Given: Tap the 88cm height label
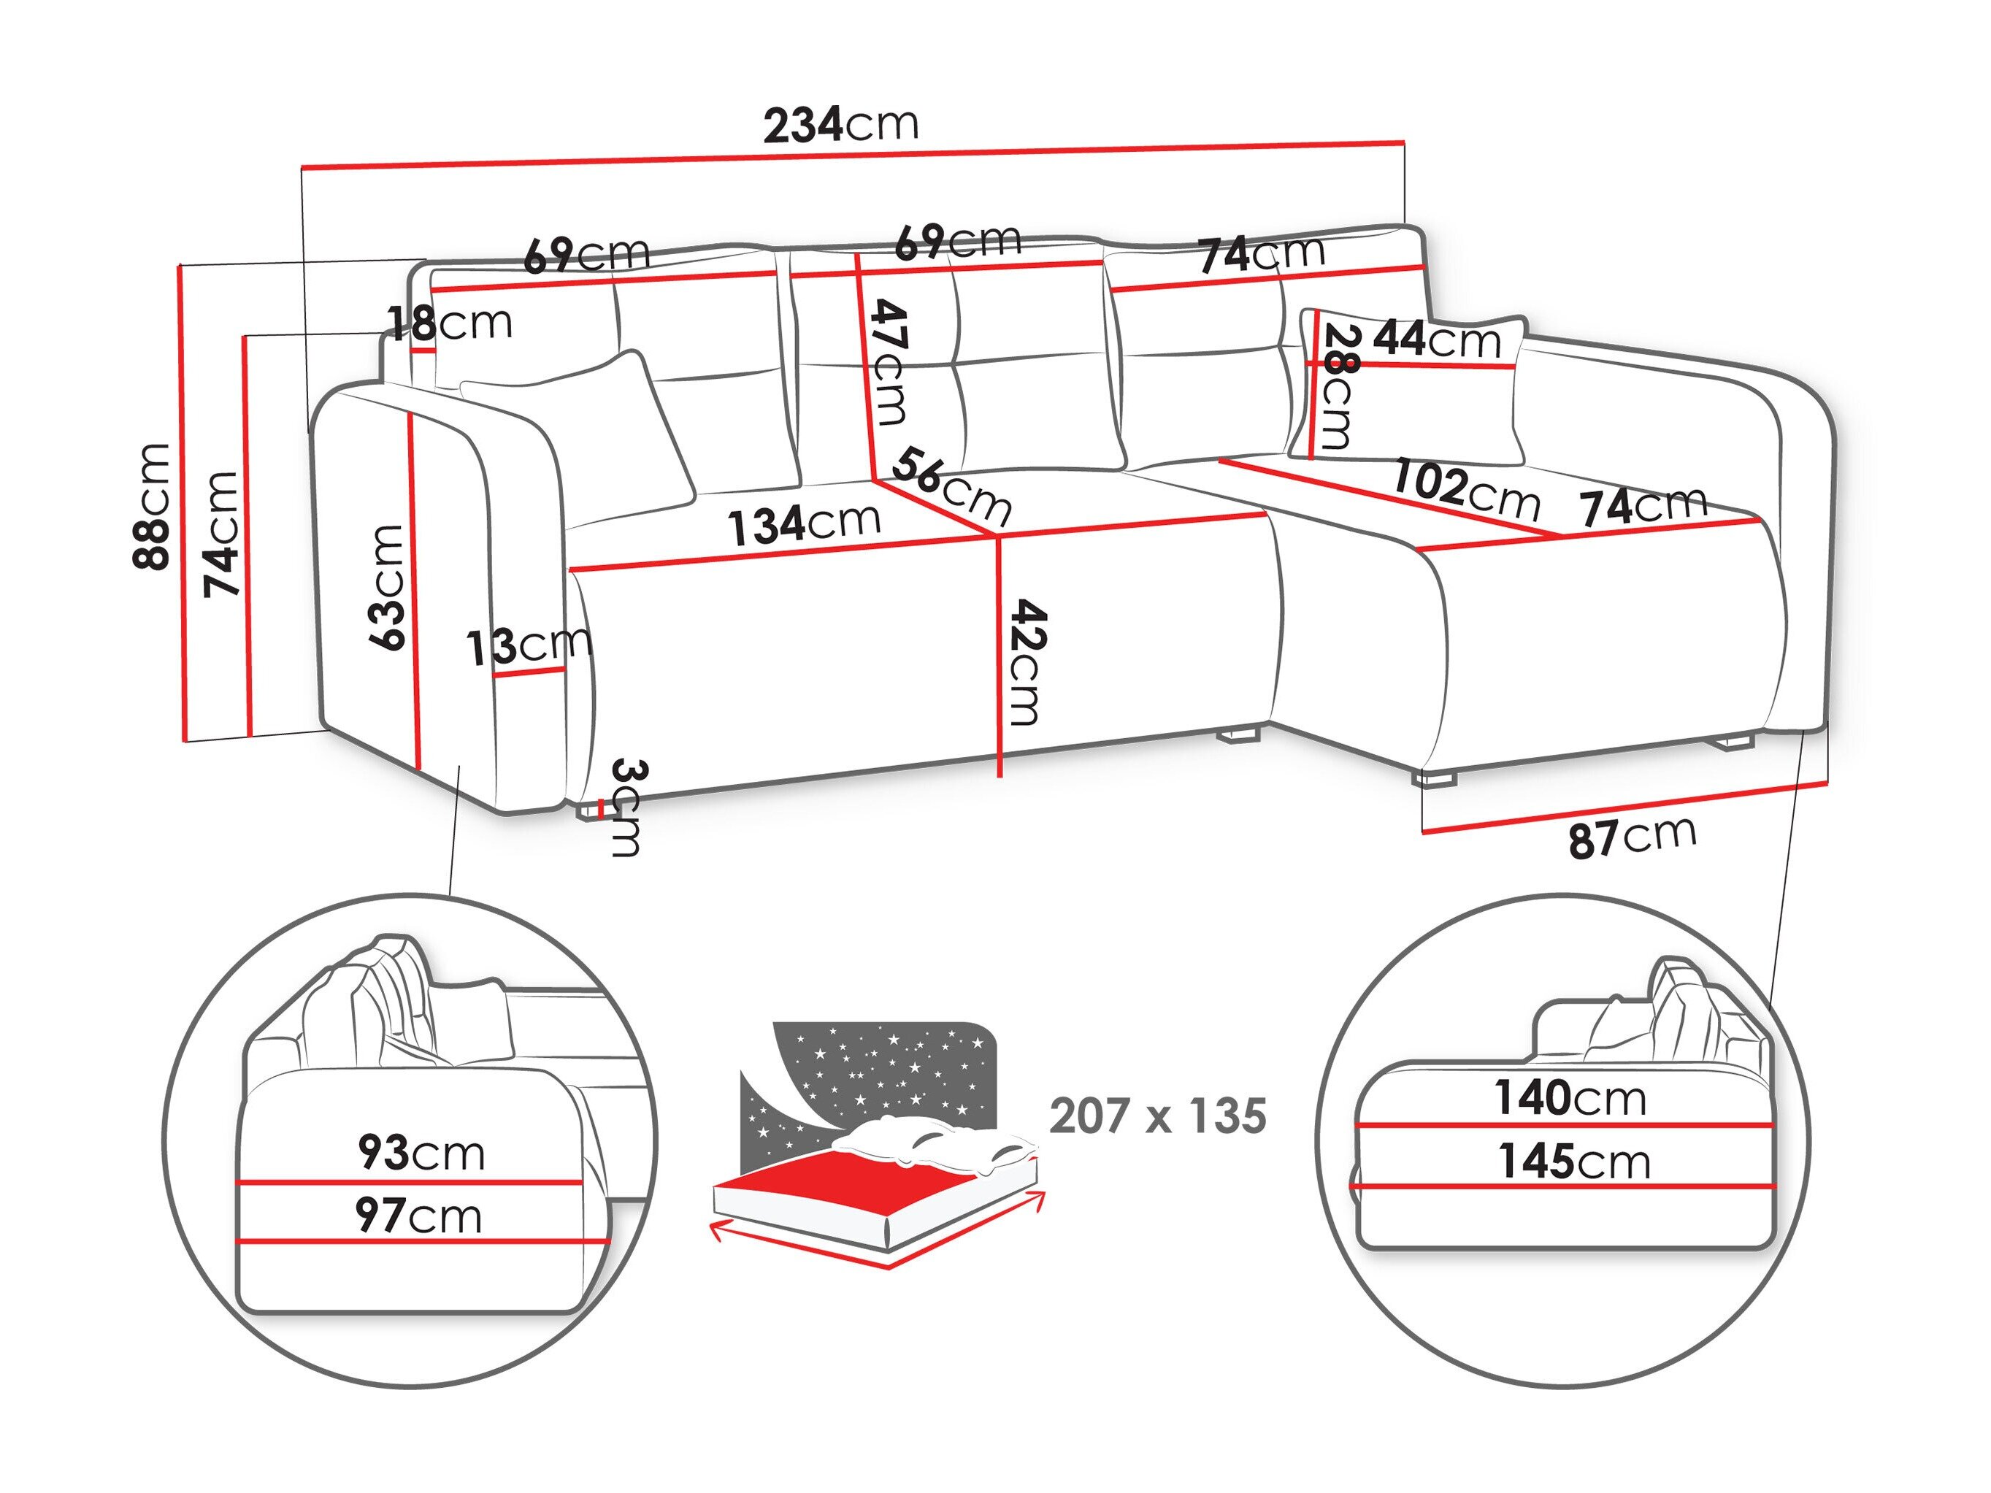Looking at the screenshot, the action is tap(151, 507).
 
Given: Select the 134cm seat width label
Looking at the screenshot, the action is tap(804, 525).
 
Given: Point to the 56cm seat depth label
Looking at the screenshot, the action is tap(951, 487).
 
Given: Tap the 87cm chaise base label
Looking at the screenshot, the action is tap(1632, 837).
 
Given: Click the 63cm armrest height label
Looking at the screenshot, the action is tap(386, 587).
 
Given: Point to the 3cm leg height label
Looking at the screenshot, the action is tap(627, 807).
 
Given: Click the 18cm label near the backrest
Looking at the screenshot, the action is tap(450, 322).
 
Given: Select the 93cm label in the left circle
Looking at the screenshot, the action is tap(421, 1153).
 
